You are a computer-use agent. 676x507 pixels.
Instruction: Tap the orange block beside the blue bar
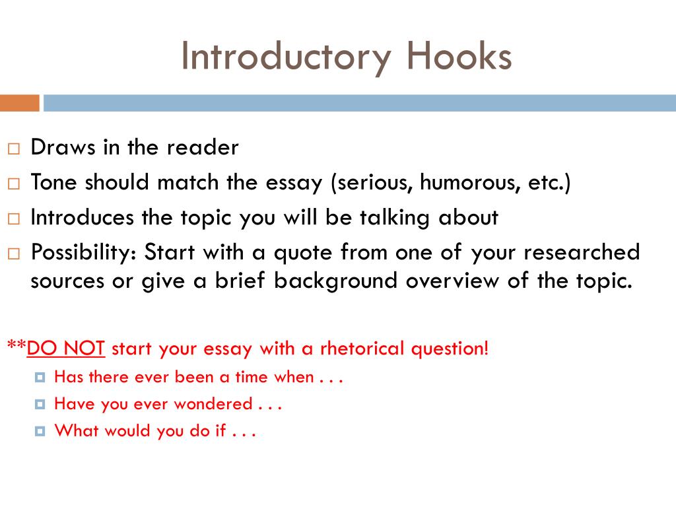pos(19,103)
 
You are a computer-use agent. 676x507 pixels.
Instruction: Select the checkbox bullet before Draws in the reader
pos(14,149)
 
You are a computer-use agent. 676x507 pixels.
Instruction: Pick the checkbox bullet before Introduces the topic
pos(14,219)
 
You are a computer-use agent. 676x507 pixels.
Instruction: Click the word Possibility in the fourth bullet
pos(82,252)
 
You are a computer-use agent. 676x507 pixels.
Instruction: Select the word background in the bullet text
pos(337,281)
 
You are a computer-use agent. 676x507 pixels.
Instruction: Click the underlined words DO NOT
pos(66,347)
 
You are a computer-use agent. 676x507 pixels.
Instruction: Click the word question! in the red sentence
pos(450,347)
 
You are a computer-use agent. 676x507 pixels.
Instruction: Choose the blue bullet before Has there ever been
pos(41,378)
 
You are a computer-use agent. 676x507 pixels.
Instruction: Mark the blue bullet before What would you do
pos(41,431)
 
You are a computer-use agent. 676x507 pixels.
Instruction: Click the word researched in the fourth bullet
pos(589,252)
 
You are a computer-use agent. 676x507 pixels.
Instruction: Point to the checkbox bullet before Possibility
pos(14,253)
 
